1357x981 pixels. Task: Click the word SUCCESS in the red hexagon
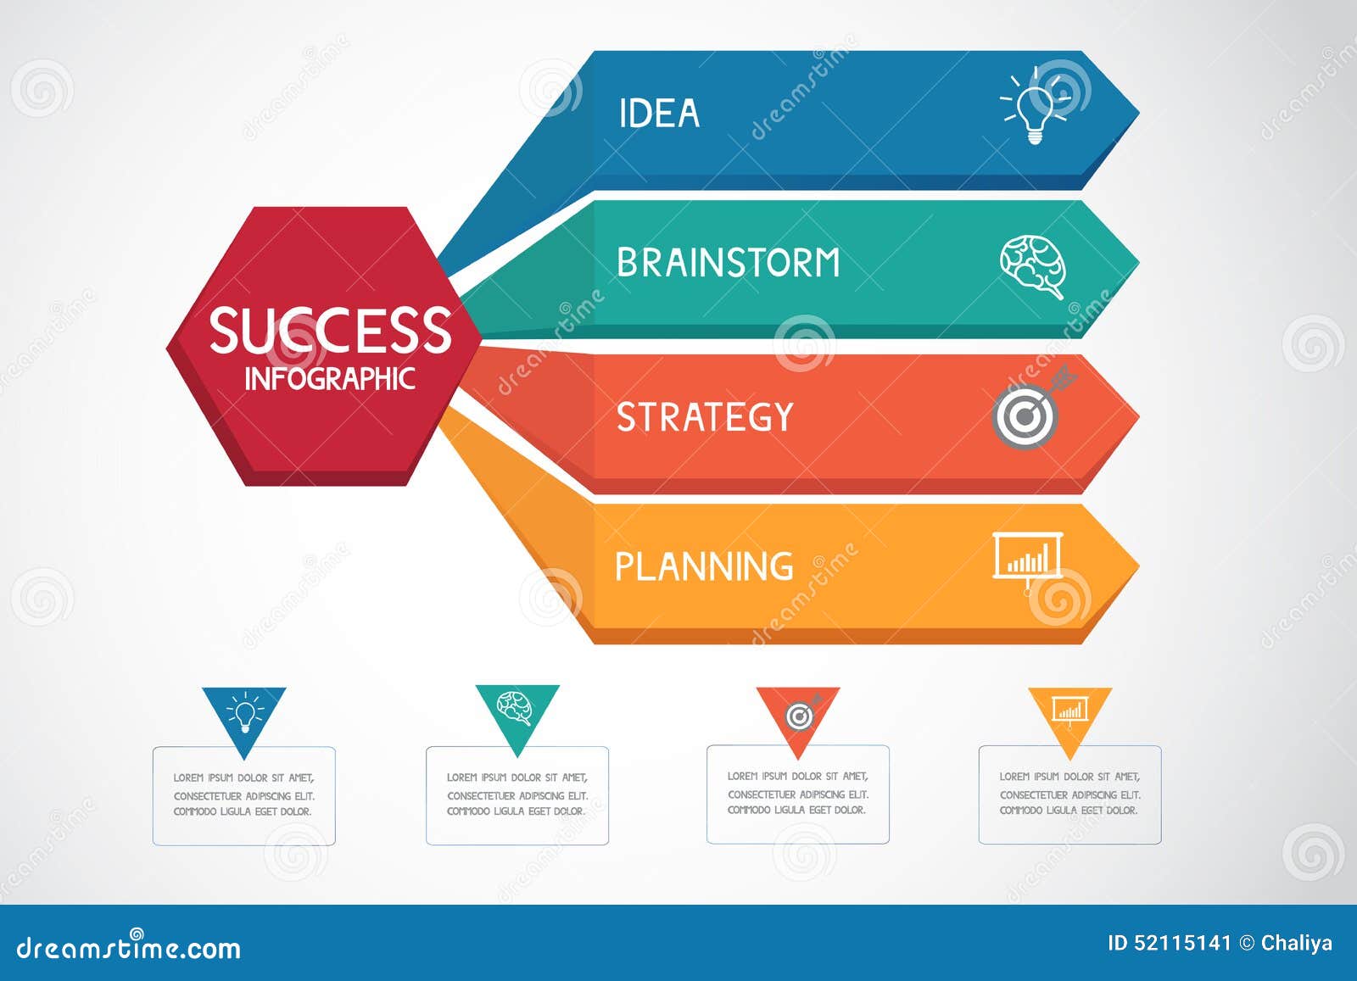click(330, 330)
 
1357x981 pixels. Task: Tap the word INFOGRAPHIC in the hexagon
click(330, 379)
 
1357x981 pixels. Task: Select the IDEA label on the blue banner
click(659, 114)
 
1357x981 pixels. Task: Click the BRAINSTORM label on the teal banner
click(729, 263)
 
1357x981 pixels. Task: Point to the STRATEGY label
click(705, 416)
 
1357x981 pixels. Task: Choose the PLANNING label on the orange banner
click(704, 566)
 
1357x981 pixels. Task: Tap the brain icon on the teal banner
click(1032, 267)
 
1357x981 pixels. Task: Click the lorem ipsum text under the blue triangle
click(243, 794)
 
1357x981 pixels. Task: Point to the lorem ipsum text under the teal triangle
click(517, 794)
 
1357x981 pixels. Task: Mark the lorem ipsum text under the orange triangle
click(1069, 794)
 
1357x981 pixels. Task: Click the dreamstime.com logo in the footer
click(128, 946)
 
